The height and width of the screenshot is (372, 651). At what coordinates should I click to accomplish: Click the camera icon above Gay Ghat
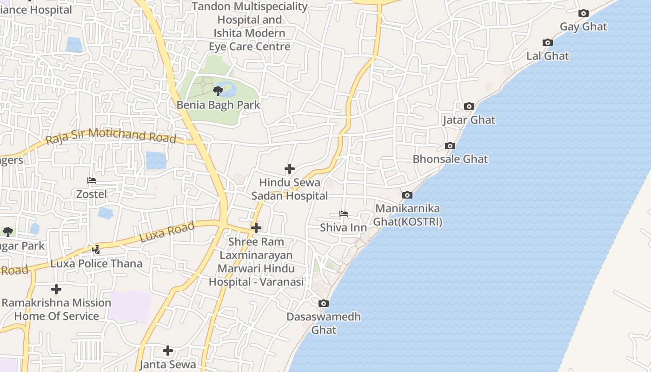point(583,13)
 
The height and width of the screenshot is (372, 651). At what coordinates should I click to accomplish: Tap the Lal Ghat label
point(547,56)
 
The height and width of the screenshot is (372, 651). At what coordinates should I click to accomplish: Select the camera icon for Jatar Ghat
point(469,106)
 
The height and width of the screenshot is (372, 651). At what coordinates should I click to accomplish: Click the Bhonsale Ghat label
point(450,159)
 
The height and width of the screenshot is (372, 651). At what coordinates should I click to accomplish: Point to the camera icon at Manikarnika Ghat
point(407,195)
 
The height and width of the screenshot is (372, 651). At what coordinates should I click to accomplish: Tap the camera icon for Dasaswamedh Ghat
point(324,304)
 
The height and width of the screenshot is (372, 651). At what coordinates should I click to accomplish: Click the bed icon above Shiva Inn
point(344,214)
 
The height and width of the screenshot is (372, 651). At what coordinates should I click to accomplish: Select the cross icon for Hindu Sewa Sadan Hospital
point(290,168)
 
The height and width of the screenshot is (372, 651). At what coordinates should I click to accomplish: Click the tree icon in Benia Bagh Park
point(218,91)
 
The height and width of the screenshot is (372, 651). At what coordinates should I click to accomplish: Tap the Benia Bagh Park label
point(218,105)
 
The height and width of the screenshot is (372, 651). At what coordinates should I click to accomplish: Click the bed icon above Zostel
point(92,180)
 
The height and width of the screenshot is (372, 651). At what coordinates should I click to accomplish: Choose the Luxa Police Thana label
point(96,264)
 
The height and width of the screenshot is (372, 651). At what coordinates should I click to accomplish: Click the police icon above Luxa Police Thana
point(96,250)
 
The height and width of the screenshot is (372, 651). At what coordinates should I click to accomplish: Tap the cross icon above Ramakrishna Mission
point(56,289)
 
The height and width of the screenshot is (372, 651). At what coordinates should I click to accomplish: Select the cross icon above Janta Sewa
point(168,350)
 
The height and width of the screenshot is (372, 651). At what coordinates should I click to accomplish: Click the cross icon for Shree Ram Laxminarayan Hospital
point(256,228)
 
